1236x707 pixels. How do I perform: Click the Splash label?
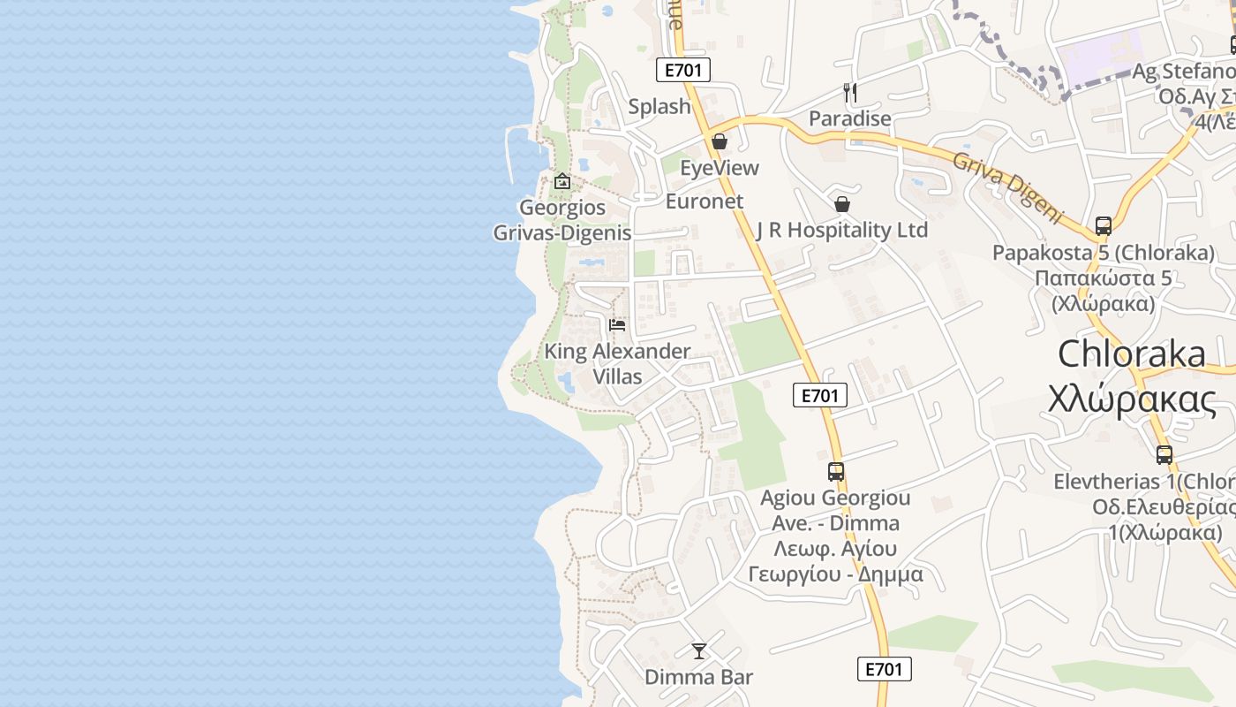[x=659, y=106]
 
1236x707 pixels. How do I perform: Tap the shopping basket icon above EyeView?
[x=720, y=141]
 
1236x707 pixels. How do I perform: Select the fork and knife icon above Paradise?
[x=850, y=92]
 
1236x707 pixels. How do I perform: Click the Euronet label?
[x=705, y=201]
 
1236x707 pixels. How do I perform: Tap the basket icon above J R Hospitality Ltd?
[x=842, y=204]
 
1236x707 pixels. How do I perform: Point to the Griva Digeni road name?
[x=1006, y=186]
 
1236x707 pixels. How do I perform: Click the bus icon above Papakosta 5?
[x=1104, y=225]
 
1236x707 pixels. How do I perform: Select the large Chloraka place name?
[x=1132, y=353]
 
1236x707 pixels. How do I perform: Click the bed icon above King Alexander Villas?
[x=617, y=325]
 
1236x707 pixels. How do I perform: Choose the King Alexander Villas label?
[x=617, y=363]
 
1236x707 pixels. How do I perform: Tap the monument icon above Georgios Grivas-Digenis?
[x=562, y=181]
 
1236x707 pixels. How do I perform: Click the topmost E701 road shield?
[x=683, y=70]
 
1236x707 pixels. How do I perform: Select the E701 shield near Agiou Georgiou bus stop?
[x=820, y=395]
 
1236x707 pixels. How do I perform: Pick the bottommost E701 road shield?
[x=884, y=669]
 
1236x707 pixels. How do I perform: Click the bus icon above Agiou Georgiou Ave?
[x=836, y=471]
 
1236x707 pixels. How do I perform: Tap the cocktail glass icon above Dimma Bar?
[x=699, y=651]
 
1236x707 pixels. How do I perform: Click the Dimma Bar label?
[x=699, y=677]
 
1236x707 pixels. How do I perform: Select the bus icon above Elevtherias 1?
[x=1164, y=455]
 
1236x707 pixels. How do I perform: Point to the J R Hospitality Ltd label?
[x=842, y=230]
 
